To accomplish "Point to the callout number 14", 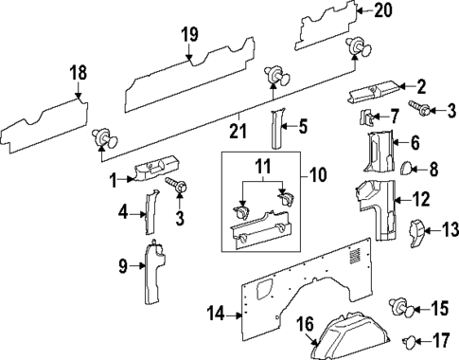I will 216,312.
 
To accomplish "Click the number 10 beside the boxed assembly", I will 314,175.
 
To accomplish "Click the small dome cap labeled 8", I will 397,171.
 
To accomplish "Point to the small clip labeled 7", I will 369,117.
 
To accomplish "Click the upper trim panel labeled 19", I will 189,79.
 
